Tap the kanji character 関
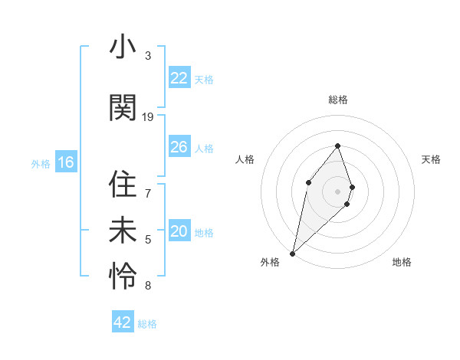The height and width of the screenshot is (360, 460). click(x=123, y=107)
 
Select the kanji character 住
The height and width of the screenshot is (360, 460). click(x=123, y=184)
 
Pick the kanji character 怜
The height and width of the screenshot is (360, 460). click(x=123, y=277)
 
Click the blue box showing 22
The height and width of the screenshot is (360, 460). click(x=179, y=78)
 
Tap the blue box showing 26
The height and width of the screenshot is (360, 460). click(x=179, y=147)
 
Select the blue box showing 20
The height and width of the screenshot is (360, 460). click(x=179, y=231)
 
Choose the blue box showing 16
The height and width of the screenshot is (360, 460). click(x=65, y=162)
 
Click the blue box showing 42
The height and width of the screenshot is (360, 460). click(x=123, y=322)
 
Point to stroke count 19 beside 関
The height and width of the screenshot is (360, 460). click(x=148, y=117)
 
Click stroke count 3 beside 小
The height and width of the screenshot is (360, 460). click(x=148, y=56)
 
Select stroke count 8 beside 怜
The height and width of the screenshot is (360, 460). click(x=148, y=286)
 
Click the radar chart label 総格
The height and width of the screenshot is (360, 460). click(x=338, y=100)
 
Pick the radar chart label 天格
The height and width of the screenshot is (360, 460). click(x=432, y=159)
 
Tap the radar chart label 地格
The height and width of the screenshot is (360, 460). click(x=402, y=262)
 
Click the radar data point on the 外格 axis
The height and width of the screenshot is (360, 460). click(x=292, y=253)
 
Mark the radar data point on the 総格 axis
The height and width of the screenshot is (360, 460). click(x=338, y=146)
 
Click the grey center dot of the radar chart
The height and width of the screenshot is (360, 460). click(x=338, y=191)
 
